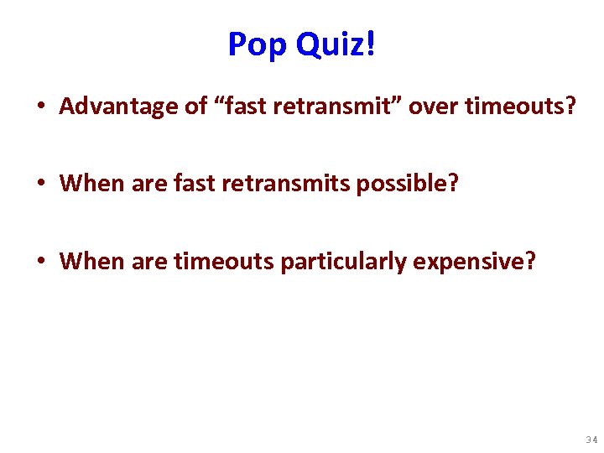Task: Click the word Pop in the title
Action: click(257, 44)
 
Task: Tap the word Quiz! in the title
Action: click(334, 44)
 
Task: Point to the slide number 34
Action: click(591, 440)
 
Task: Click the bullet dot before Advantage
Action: click(40, 107)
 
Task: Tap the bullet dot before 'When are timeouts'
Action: click(40, 263)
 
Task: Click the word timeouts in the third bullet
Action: click(224, 262)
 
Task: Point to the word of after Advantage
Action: click(178, 107)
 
